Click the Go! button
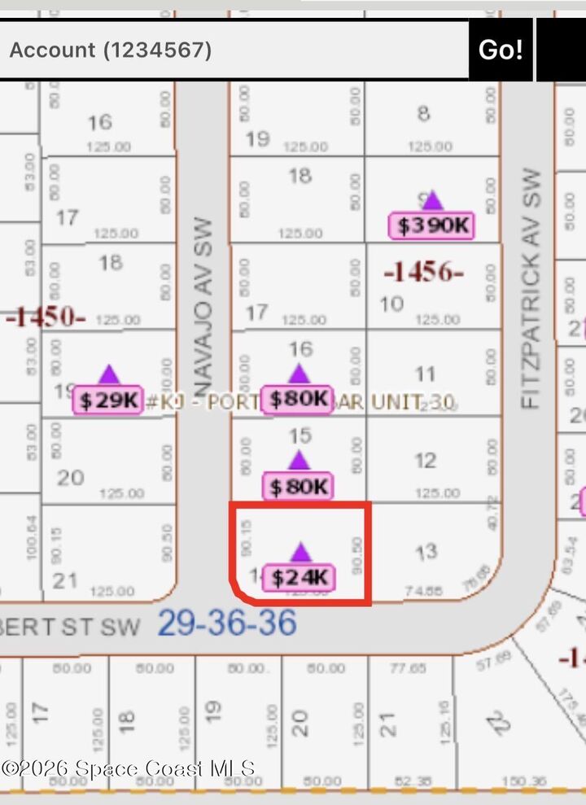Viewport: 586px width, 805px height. (x=500, y=50)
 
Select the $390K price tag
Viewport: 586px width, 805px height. (x=432, y=225)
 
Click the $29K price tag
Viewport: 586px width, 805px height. (x=108, y=400)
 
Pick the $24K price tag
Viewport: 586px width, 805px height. (x=300, y=578)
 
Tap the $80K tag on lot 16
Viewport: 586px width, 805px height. (x=299, y=400)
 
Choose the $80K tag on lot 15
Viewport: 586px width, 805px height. (x=299, y=487)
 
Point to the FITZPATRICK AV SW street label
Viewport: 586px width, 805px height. (x=531, y=288)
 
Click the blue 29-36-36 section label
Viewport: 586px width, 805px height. (x=226, y=624)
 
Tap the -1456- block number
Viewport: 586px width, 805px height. (x=423, y=272)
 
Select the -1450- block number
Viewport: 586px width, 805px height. (x=46, y=317)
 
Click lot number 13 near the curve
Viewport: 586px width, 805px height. (x=427, y=552)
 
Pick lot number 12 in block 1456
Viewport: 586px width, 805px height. (x=426, y=461)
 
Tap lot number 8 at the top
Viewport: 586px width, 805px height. (x=423, y=113)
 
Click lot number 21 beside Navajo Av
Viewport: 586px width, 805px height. (x=65, y=580)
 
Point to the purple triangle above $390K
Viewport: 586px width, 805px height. (x=432, y=200)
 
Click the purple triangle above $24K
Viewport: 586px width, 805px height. (x=300, y=552)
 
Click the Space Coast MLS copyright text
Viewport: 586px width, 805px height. (x=129, y=768)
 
